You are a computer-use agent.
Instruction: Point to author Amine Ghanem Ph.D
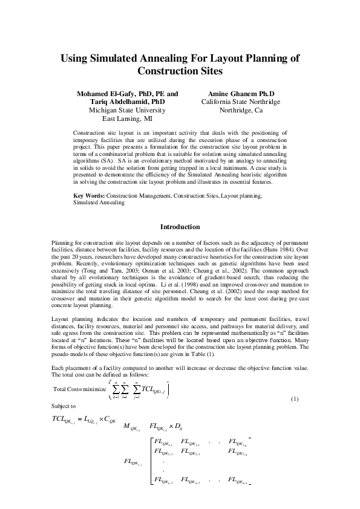[x=241, y=94]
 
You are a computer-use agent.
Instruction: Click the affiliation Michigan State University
[x=127, y=111]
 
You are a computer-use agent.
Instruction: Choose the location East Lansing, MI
[x=127, y=119]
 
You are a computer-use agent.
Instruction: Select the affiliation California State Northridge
[x=241, y=102]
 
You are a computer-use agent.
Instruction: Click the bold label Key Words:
[x=88, y=196]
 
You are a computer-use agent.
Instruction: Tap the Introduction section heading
[x=180, y=227]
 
